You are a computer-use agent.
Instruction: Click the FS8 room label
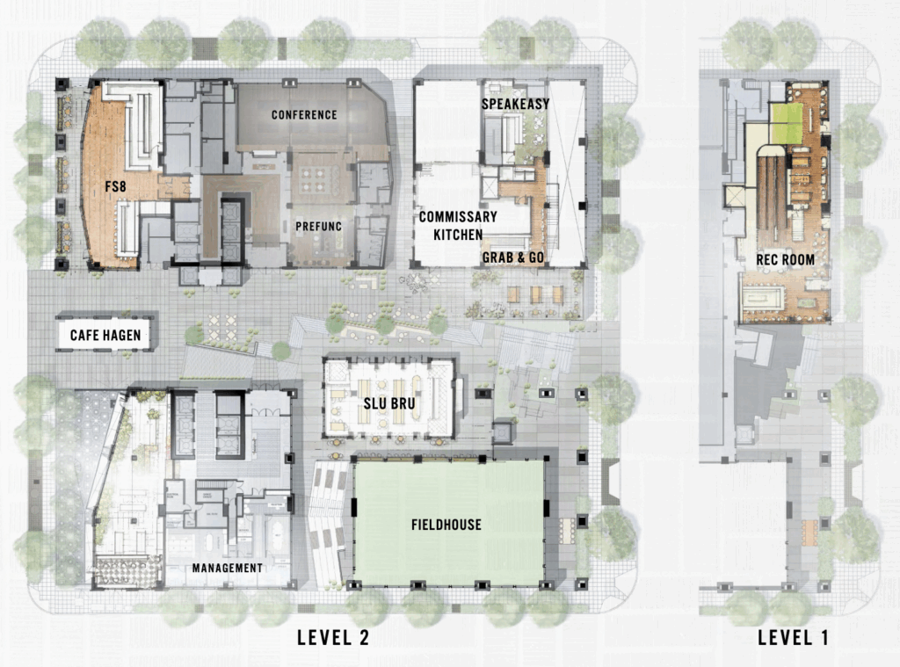point(115,186)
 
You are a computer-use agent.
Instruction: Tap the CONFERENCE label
point(304,115)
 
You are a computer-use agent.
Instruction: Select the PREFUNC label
point(318,226)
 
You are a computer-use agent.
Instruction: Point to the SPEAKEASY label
point(515,104)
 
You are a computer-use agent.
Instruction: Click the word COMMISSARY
point(458,216)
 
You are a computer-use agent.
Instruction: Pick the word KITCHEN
point(458,235)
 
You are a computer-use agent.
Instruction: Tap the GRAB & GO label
point(513,257)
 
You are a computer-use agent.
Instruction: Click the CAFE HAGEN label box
point(105,335)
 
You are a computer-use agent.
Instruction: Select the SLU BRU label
point(389,403)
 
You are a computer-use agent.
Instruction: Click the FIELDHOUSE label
point(446,525)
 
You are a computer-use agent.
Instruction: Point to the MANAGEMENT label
point(228,569)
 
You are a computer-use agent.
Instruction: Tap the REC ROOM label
point(785,260)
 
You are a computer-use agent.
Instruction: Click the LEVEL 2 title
point(333,638)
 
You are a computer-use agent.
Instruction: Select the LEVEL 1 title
point(794,638)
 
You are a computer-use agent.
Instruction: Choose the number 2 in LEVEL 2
point(361,638)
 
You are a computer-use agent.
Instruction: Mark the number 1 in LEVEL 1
point(824,638)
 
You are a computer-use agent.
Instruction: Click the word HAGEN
point(122,335)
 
